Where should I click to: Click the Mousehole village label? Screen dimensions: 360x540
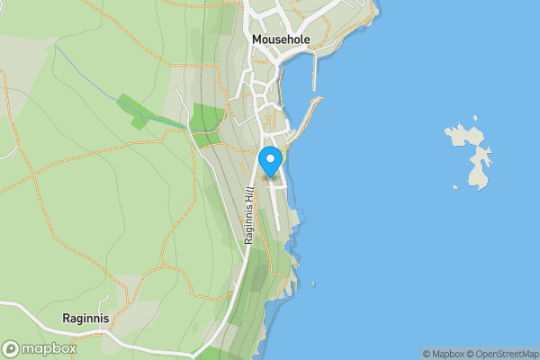tap(282, 40)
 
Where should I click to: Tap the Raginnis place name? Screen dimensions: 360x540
tap(86, 318)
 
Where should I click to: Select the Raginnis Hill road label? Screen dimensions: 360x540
tap(249, 215)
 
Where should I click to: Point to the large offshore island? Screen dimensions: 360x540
tap(473, 153)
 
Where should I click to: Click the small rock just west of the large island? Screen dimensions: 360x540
tap(455, 188)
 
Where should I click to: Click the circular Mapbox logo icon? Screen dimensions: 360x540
tap(11, 349)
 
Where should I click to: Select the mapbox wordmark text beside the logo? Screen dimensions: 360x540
tap(49, 349)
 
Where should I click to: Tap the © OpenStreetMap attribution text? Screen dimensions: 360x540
tap(501, 354)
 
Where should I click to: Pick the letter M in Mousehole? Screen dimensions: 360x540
tap(257, 40)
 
